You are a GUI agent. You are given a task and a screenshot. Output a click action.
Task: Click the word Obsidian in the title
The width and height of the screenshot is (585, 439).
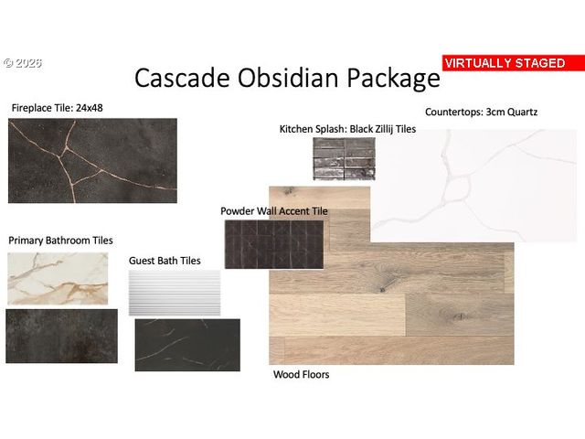click(x=289, y=78)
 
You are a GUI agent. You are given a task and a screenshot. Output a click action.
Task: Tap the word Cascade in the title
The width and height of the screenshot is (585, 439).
click(x=182, y=78)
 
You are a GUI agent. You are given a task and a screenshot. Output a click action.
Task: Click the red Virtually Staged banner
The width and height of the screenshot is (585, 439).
click(x=514, y=63)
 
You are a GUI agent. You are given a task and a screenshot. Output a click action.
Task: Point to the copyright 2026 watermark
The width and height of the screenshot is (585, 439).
click(x=23, y=63)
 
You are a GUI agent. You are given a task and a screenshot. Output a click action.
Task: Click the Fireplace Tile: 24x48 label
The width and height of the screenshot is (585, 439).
click(x=57, y=108)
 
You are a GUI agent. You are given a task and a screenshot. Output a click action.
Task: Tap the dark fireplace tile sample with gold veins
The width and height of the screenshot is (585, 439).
click(x=92, y=161)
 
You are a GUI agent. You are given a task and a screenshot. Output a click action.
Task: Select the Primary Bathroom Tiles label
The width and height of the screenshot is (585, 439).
click(x=60, y=241)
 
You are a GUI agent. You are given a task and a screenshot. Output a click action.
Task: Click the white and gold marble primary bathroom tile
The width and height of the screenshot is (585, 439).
click(x=58, y=278)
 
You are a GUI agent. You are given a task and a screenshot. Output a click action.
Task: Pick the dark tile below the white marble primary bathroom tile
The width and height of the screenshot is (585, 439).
click(x=61, y=336)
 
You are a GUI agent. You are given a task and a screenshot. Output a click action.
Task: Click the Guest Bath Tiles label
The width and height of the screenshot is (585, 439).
click(x=165, y=261)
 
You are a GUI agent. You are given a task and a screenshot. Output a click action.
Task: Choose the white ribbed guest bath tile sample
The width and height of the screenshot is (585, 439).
click(x=175, y=293)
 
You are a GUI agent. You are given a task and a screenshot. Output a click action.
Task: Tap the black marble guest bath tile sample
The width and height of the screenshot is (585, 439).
click(x=187, y=345)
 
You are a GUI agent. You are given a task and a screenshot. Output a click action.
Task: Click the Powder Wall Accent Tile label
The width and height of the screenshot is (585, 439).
click(x=274, y=211)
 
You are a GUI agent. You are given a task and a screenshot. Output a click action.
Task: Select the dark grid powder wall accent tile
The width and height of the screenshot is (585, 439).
click(x=274, y=244)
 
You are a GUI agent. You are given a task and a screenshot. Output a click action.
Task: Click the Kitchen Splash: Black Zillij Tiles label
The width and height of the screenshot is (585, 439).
click(x=347, y=129)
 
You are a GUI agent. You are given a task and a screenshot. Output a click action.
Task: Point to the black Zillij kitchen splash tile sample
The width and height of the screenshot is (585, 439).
click(x=344, y=158)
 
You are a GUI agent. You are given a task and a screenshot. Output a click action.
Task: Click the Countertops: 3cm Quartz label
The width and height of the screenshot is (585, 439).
click(x=482, y=112)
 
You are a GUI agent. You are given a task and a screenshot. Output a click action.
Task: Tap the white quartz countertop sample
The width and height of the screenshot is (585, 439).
click(x=473, y=186)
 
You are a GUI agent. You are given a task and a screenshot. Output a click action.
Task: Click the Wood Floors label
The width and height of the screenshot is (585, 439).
click(x=301, y=374)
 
